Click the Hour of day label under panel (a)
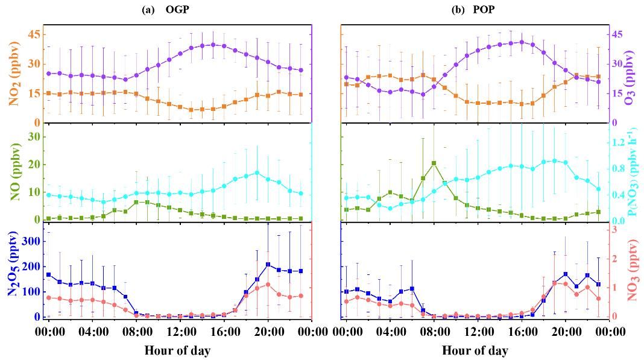pyautogui.click(x=178, y=350)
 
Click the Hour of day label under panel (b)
pyautogui.click(x=475, y=350)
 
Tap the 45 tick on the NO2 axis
pyautogui.click(x=33, y=34)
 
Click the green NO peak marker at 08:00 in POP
pyautogui.click(x=434, y=163)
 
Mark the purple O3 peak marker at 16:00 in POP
pyautogui.click(x=522, y=42)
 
